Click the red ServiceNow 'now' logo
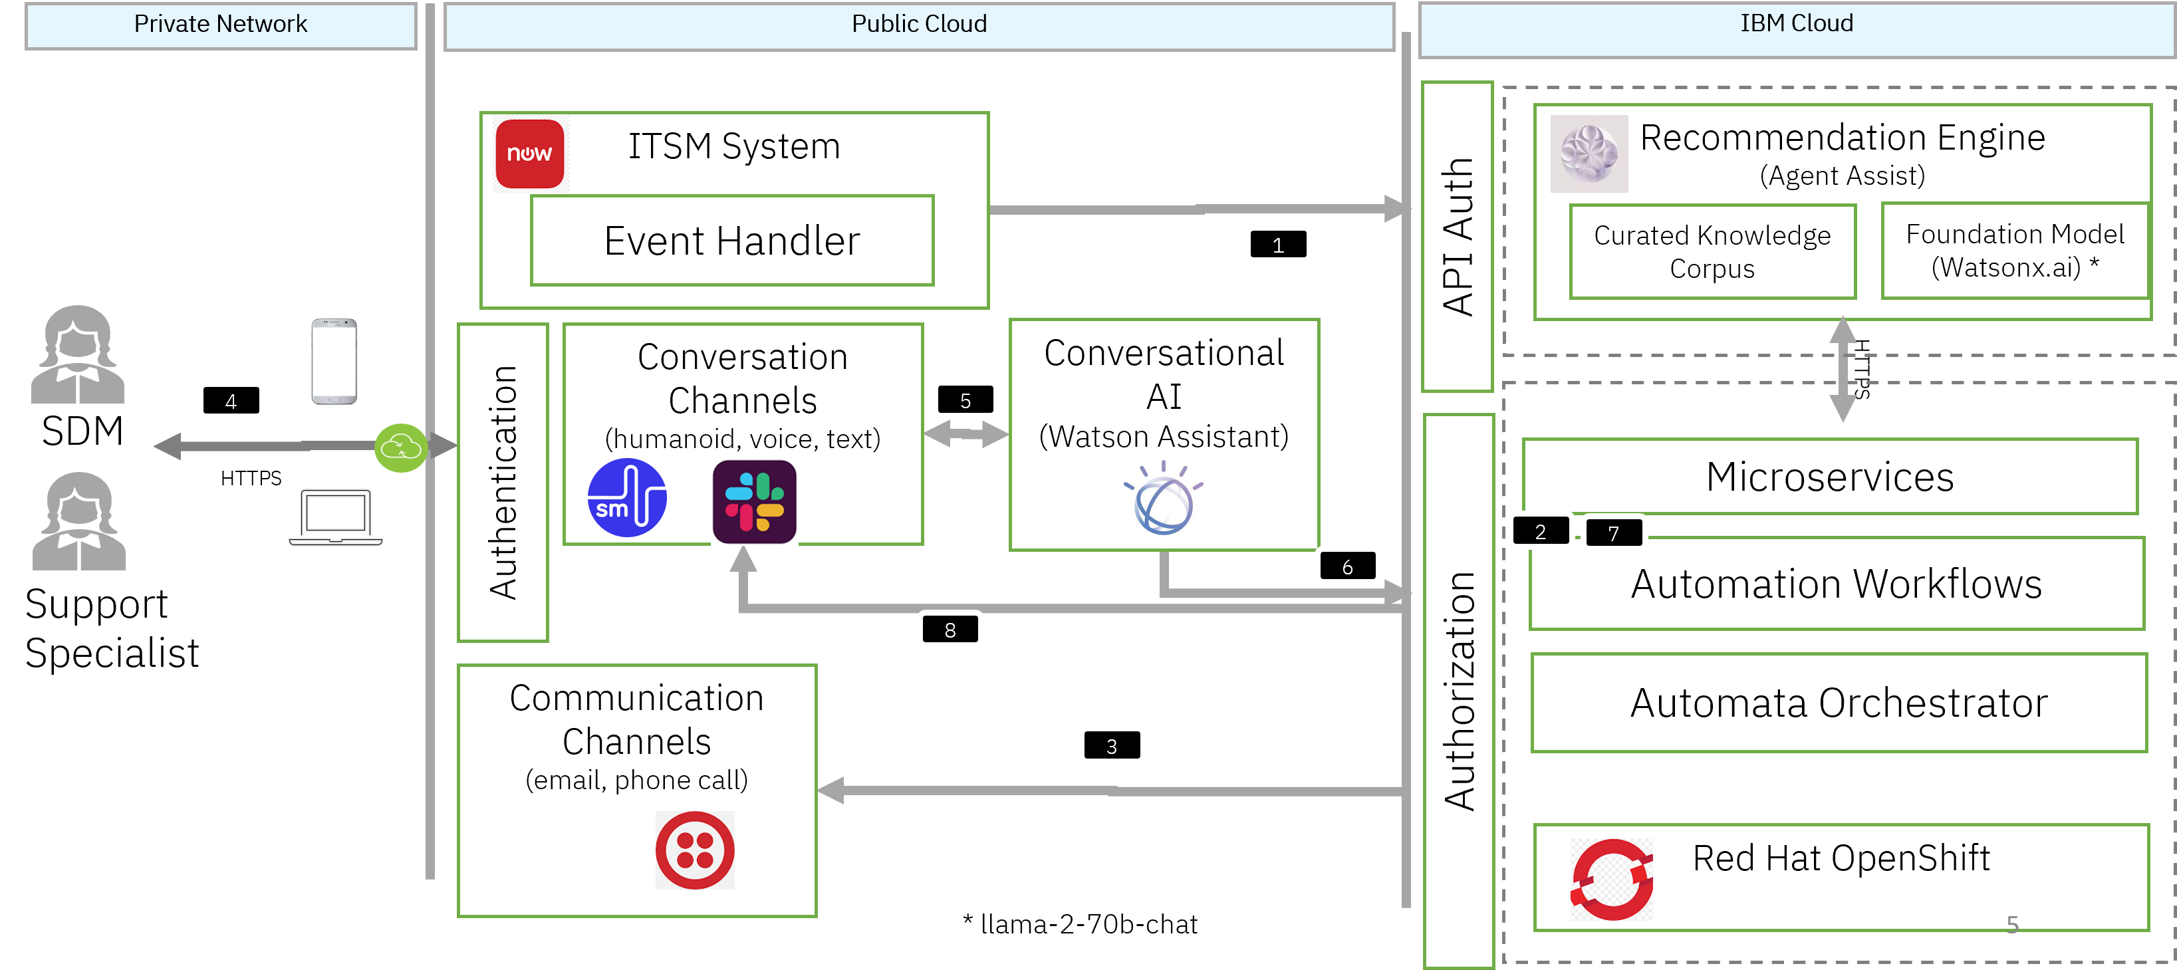click(530, 154)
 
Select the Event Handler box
click(732, 241)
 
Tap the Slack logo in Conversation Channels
click(754, 501)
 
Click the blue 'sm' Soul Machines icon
click(627, 498)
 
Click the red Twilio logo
click(695, 850)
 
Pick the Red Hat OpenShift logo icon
click(1612, 879)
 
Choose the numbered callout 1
click(1278, 245)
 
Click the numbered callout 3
click(1111, 745)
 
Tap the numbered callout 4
click(231, 400)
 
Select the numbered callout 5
click(965, 400)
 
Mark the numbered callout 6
click(1347, 566)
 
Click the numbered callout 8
click(950, 630)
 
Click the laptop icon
click(336, 517)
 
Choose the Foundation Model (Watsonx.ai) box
click(2015, 250)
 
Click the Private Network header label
click(221, 25)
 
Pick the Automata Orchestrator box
click(1839, 702)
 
